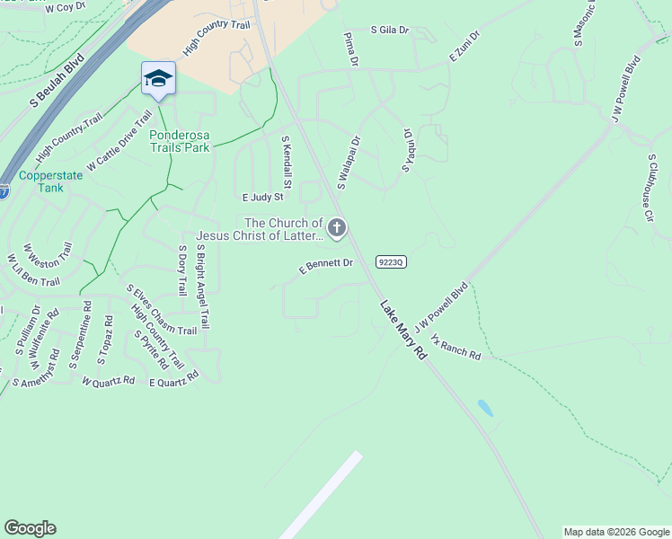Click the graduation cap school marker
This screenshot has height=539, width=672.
pos(158,78)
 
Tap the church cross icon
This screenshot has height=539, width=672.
pos(337,229)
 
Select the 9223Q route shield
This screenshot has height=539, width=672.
pos(392,261)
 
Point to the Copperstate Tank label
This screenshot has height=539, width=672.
pos(50,181)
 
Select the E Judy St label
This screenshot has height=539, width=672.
pos(262,197)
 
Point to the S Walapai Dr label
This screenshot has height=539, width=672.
pos(349,163)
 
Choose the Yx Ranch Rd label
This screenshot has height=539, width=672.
pos(455,348)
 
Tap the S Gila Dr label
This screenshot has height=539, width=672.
pos(389,30)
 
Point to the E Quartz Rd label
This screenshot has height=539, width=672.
pos(173,382)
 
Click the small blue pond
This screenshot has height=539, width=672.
pos(485,409)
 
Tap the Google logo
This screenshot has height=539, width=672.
pos(30,528)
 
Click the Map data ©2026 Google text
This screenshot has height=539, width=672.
pos(615,532)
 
